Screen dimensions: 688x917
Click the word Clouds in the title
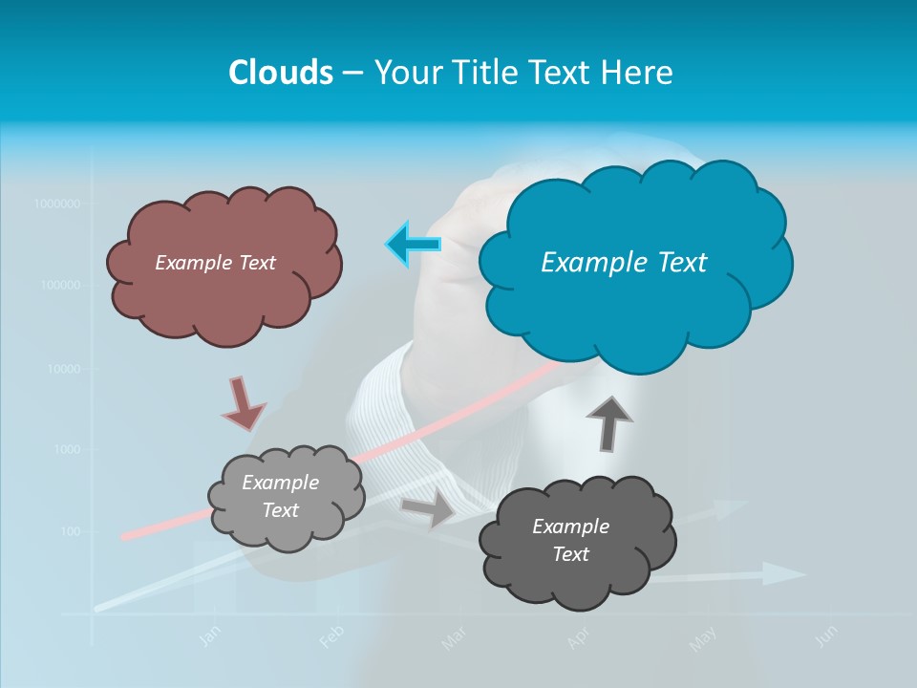280,73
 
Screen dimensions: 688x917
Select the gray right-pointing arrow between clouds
428,508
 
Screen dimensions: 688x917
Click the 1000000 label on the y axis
56,204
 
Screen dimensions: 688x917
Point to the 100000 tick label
59,286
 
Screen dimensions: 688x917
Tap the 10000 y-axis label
62,368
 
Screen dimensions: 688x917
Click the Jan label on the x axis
209,637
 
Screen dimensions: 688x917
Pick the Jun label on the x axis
827,634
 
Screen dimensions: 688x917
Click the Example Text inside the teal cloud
624,262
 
